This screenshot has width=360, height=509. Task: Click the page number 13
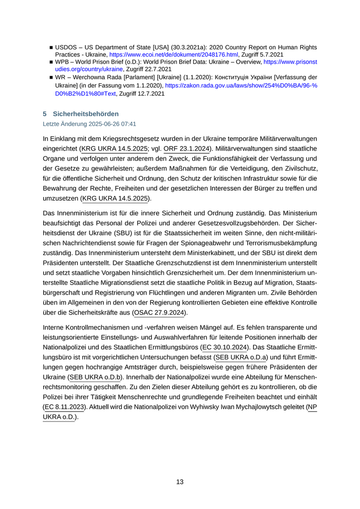coord(179,482)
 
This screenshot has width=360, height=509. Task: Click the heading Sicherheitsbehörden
coord(86,114)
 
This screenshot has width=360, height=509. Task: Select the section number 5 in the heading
coord(45,114)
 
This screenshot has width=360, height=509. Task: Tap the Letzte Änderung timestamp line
coord(89,124)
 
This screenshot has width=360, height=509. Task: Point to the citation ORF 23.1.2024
coord(187,149)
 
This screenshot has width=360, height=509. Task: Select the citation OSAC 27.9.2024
coord(160,312)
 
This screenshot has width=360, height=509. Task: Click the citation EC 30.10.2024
coord(225,348)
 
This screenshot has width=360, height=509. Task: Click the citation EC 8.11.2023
coord(65,407)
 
